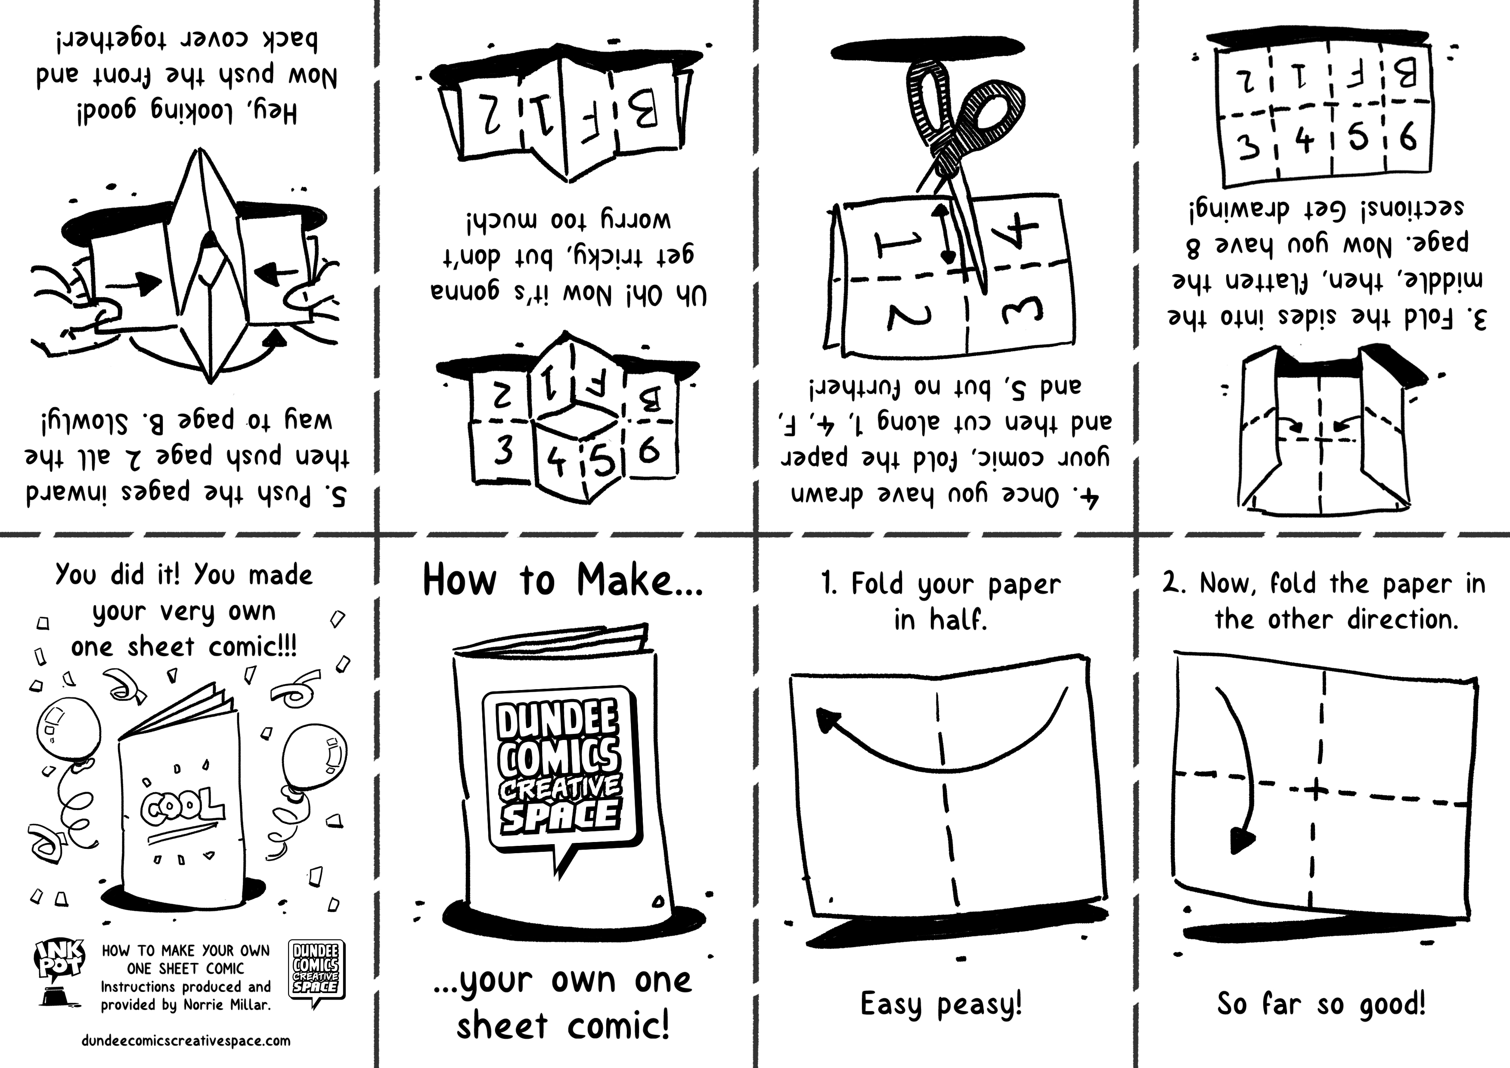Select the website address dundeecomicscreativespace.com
coord(186,1040)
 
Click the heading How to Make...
coord(563,580)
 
